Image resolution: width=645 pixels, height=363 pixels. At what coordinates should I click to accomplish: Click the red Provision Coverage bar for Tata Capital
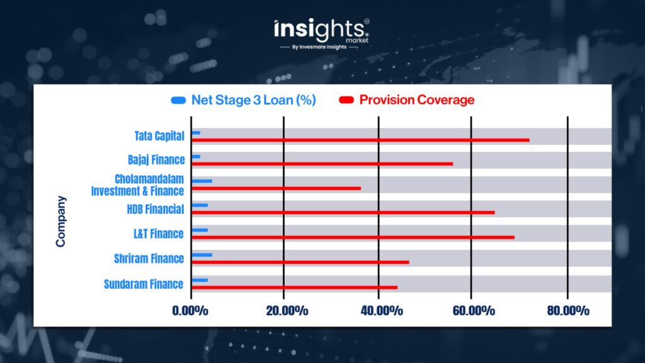coord(360,140)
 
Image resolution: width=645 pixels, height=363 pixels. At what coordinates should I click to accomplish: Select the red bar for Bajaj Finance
coord(322,164)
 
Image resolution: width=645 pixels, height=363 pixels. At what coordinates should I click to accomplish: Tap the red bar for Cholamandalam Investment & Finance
coord(276,188)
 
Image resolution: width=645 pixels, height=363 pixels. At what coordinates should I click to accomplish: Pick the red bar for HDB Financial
coord(343,212)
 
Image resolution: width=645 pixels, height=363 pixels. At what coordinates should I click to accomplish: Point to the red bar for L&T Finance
coord(353,237)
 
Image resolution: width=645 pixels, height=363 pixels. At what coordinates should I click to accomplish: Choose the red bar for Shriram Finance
coord(300,262)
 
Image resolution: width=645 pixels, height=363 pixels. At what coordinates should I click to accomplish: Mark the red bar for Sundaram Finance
coord(295,287)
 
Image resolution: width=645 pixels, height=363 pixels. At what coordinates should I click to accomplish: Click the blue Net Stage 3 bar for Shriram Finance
coord(202,255)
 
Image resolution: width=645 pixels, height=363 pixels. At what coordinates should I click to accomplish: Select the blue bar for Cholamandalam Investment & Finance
coord(202,181)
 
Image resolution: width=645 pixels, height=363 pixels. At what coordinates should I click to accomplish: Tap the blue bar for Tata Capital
coord(196,132)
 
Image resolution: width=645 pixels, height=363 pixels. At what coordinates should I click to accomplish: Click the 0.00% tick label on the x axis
coord(190,311)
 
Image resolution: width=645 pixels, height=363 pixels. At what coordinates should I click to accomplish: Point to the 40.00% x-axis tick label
coord(382,311)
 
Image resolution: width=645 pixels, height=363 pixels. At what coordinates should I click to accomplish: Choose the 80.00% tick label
coord(568,311)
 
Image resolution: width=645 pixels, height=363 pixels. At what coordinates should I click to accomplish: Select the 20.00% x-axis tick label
coord(287,311)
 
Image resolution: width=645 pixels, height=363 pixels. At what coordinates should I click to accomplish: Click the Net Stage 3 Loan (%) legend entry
coord(244,100)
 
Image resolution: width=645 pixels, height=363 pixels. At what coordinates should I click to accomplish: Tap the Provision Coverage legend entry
coord(406,100)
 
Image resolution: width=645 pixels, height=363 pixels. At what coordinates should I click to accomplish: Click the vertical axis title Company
coord(61,221)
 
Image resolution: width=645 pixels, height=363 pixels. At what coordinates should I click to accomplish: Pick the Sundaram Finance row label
coord(144,284)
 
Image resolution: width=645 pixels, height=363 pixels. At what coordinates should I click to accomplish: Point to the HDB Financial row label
coord(156,209)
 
